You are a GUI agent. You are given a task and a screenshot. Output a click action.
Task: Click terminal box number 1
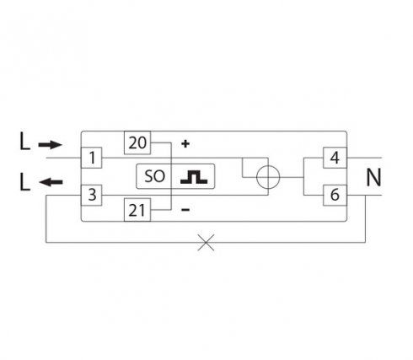pos(91,158)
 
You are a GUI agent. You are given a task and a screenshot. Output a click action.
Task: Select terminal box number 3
pos(91,195)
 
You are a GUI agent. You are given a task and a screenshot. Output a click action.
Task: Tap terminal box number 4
pos(335,158)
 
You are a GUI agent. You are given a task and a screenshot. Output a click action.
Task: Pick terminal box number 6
pos(335,195)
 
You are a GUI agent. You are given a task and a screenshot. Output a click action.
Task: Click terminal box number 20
pos(137,142)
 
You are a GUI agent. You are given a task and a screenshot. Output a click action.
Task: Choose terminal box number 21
pos(137,210)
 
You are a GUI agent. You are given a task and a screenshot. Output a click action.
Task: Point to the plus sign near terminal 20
pos(185,144)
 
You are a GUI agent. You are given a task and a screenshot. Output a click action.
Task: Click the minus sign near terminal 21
pos(185,209)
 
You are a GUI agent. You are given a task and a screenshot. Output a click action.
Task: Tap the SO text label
pos(154,176)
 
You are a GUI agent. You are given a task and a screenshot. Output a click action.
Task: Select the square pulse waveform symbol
pos(194,177)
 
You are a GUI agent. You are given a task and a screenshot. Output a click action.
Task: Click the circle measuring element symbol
pos(268,177)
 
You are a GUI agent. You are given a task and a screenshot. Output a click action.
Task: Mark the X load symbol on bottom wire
pos(206,242)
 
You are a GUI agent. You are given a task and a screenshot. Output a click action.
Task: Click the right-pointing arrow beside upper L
pos(50,145)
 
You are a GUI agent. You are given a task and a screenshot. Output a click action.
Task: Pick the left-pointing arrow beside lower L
pos(51,182)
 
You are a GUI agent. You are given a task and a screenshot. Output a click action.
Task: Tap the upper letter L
pos(24,142)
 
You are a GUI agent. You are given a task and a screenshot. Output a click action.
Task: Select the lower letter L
pos(24,182)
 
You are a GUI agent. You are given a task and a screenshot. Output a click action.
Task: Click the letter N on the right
pos(373,177)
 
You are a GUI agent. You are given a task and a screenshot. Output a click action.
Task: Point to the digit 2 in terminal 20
pos(133,143)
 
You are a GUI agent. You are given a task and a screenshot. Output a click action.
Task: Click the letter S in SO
pos(148,176)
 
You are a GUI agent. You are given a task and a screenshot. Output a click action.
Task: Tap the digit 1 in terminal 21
pos(142,211)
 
